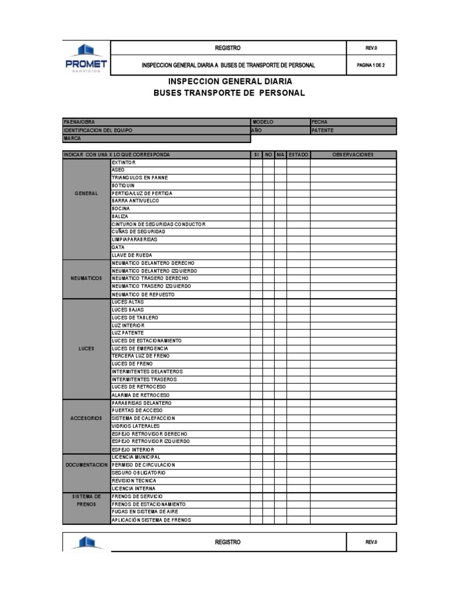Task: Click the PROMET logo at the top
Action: [x=86, y=58]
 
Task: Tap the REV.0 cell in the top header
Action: [x=371, y=48]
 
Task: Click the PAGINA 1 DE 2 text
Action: [x=371, y=66]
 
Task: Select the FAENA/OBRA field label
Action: [x=79, y=122]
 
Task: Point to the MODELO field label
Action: [x=262, y=122]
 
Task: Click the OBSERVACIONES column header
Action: [x=353, y=155]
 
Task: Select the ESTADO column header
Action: [x=298, y=155]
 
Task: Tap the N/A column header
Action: [x=280, y=155]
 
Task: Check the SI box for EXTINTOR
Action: [x=256, y=162]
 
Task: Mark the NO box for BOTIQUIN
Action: [x=268, y=185]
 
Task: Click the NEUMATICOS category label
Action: [x=86, y=278]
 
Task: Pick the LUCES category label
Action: [x=86, y=348]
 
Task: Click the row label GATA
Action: [x=118, y=247]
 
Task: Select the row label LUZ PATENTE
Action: [x=128, y=333]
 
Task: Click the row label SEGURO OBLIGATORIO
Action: [x=139, y=472]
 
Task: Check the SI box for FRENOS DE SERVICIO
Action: [x=256, y=496]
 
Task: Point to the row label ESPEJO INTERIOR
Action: [x=133, y=449]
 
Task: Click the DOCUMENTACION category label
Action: [x=86, y=465]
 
